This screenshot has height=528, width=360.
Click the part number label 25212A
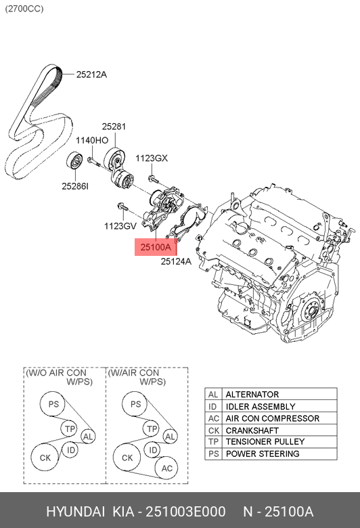pyautogui.click(x=91, y=74)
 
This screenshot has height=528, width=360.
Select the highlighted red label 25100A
pyautogui.click(x=156, y=248)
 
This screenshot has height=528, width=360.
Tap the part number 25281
pyautogui.click(x=114, y=127)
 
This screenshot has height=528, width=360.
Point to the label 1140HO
pyautogui.click(x=91, y=141)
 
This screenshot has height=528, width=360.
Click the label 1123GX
pyautogui.click(x=151, y=158)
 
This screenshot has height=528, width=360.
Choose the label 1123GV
pyautogui.click(x=120, y=225)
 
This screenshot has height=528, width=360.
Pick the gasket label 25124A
pyautogui.click(x=176, y=261)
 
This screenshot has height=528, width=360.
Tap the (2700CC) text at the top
pyautogui.click(x=25, y=9)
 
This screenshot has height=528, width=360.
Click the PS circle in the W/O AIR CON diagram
pyautogui.click(x=53, y=405)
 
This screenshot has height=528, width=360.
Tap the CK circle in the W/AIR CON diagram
pyautogui.click(x=127, y=458)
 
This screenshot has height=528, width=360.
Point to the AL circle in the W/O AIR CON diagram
pyautogui.click(x=88, y=437)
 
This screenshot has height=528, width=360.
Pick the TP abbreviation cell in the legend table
pyautogui.click(x=213, y=441)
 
